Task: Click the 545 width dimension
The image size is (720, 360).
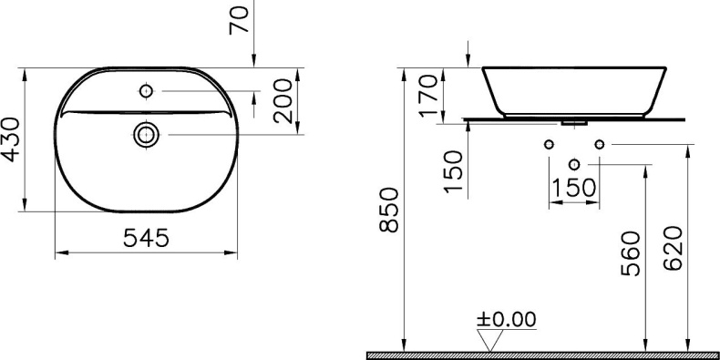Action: point(145,238)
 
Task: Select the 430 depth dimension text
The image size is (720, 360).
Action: point(12,139)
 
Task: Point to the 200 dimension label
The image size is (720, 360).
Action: point(284,99)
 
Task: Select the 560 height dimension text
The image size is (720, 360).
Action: point(633,258)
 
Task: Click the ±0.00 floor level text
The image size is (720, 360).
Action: point(506,319)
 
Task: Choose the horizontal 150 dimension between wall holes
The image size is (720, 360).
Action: point(573,188)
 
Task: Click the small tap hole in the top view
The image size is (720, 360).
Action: point(146,91)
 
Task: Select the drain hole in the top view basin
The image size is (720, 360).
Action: point(146,135)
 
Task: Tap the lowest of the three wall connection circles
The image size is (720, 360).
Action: point(573,165)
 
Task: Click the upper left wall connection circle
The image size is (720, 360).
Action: point(549,144)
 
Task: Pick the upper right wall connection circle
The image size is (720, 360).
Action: point(599,144)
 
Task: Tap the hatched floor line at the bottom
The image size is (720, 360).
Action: point(542,355)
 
